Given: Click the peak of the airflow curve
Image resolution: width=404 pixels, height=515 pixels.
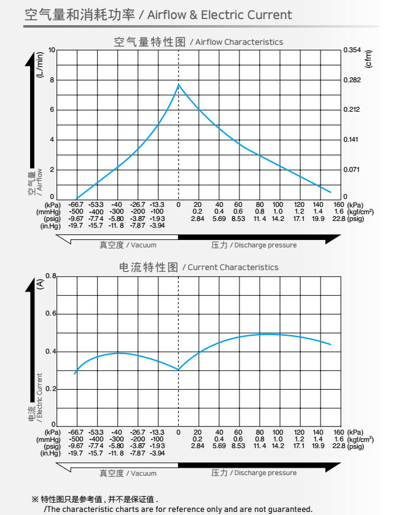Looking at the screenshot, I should point(179,84).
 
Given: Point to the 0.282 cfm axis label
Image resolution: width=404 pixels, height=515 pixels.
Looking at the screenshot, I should point(352,80).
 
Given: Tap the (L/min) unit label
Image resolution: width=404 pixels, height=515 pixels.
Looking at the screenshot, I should point(41,64).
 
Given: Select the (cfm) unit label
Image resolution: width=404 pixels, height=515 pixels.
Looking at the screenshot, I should point(368,59).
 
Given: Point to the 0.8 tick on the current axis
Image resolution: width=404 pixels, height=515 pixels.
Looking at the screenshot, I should point(50,276).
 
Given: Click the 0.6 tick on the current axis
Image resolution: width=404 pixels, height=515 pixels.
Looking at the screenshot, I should point(50,314).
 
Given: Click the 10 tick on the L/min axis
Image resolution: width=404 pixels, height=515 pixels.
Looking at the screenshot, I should point(52,50).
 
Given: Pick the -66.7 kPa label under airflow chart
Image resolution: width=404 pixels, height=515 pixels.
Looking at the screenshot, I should point(76,204).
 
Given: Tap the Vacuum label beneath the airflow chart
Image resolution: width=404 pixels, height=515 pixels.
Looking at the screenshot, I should point(128,245).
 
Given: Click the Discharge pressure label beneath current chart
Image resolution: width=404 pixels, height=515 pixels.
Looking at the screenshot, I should point(254,473).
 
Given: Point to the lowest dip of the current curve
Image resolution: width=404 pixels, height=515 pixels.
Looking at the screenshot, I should point(179,370).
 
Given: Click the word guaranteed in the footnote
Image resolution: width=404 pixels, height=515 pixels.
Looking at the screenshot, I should point(289,509).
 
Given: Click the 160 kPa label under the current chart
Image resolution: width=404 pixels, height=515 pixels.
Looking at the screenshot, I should point(338,433).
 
